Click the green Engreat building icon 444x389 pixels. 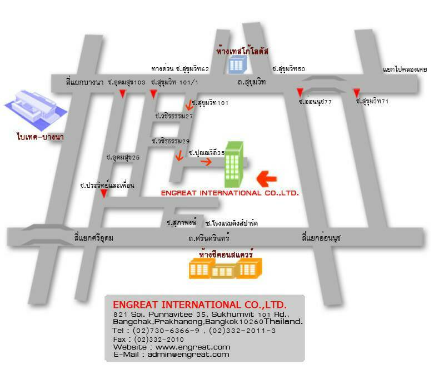click(x=233, y=164)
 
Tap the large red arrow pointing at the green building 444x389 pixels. click(x=267, y=178)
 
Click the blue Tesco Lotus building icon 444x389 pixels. click(x=236, y=65)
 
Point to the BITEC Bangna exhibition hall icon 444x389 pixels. click(x=35, y=107)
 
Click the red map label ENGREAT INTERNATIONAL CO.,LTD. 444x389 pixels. click(x=230, y=193)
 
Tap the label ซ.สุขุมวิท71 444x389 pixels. click(x=372, y=102)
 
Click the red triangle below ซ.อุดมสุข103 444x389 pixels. click(x=122, y=94)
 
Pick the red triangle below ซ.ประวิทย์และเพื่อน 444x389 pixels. click(x=103, y=193)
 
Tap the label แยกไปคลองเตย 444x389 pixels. click(x=405, y=69)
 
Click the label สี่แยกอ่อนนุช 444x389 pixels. click(x=321, y=238)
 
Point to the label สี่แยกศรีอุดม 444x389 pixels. click(x=93, y=238)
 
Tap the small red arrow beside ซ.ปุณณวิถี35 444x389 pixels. click(x=206, y=162)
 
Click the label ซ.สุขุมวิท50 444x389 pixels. click(x=288, y=69)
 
